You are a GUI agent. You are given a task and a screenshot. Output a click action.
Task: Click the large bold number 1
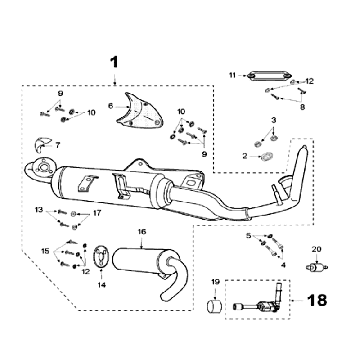(x=114, y=62)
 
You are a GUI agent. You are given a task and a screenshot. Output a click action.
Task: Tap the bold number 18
(x=317, y=300)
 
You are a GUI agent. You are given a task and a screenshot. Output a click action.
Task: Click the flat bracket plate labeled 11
(x=268, y=76)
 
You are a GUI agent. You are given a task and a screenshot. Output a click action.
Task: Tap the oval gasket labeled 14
(x=101, y=257)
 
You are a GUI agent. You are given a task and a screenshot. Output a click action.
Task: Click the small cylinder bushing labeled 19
(x=215, y=306)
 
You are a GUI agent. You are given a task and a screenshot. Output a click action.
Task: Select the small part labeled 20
(x=316, y=267)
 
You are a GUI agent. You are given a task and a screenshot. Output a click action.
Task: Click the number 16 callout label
(x=142, y=232)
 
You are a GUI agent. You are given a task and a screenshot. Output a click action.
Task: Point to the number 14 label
(x=101, y=285)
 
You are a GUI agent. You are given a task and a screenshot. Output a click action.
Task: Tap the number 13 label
(x=39, y=210)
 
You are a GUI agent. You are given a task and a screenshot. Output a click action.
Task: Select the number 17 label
(x=97, y=213)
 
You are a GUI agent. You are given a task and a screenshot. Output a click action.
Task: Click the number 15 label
(x=45, y=251)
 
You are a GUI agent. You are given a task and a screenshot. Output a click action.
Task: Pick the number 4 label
(x=283, y=265)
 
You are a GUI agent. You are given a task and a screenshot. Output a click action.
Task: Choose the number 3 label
(x=273, y=120)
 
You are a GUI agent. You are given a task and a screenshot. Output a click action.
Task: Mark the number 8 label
(x=302, y=107)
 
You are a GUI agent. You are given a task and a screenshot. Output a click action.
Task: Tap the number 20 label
(x=316, y=249)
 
